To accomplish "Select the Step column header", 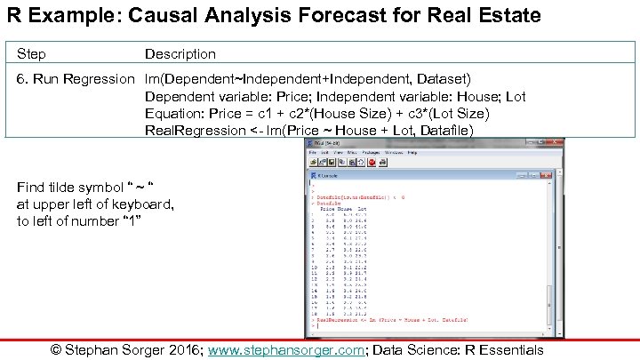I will click(x=31, y=54).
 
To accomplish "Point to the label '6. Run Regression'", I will click(x=75, y=79).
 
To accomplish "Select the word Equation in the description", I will click(x=173, y=114).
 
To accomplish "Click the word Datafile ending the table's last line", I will click(x=445, y=131).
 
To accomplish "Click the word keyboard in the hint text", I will click(x=142, y=204).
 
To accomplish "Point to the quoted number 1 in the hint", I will click(x=131, y=221).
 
